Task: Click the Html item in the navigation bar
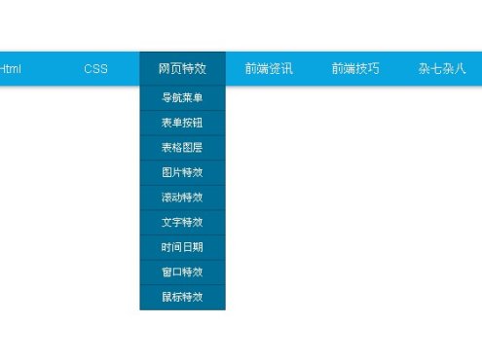[x=11, y=69]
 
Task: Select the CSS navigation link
[x=95, y=69]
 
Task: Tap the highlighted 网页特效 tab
[x=182, y=69]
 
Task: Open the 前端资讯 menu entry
[x=269, y=69]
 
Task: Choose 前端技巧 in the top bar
[x=354, y=69]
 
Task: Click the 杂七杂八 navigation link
[x=442, y=69]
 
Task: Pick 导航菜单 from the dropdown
[x=182, y=98]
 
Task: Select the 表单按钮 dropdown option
[x=182, y=123]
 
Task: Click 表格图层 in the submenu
[x=182, y=148]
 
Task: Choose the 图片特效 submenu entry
[x=182, y=172]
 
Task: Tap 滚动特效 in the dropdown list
[x=182, y=198]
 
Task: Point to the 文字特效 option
[x=182, y=223]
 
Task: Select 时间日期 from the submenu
[x=182, y=247]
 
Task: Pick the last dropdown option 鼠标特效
[x=182, y=297]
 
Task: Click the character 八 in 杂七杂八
[x=460, y=69]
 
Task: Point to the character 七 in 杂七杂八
[x=436, y=69]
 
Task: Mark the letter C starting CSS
[x=88, y=69]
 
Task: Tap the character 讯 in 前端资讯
[x=286, y=69]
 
